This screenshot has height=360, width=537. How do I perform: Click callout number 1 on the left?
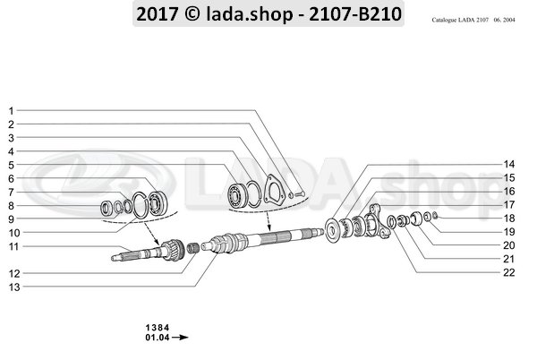click(11, 111)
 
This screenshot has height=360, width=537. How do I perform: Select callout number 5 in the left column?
click(11, 166)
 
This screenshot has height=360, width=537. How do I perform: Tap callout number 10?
click(13, 233)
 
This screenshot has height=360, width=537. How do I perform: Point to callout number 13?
click(13, 287)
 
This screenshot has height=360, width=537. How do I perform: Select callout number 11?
click(13, 246)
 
